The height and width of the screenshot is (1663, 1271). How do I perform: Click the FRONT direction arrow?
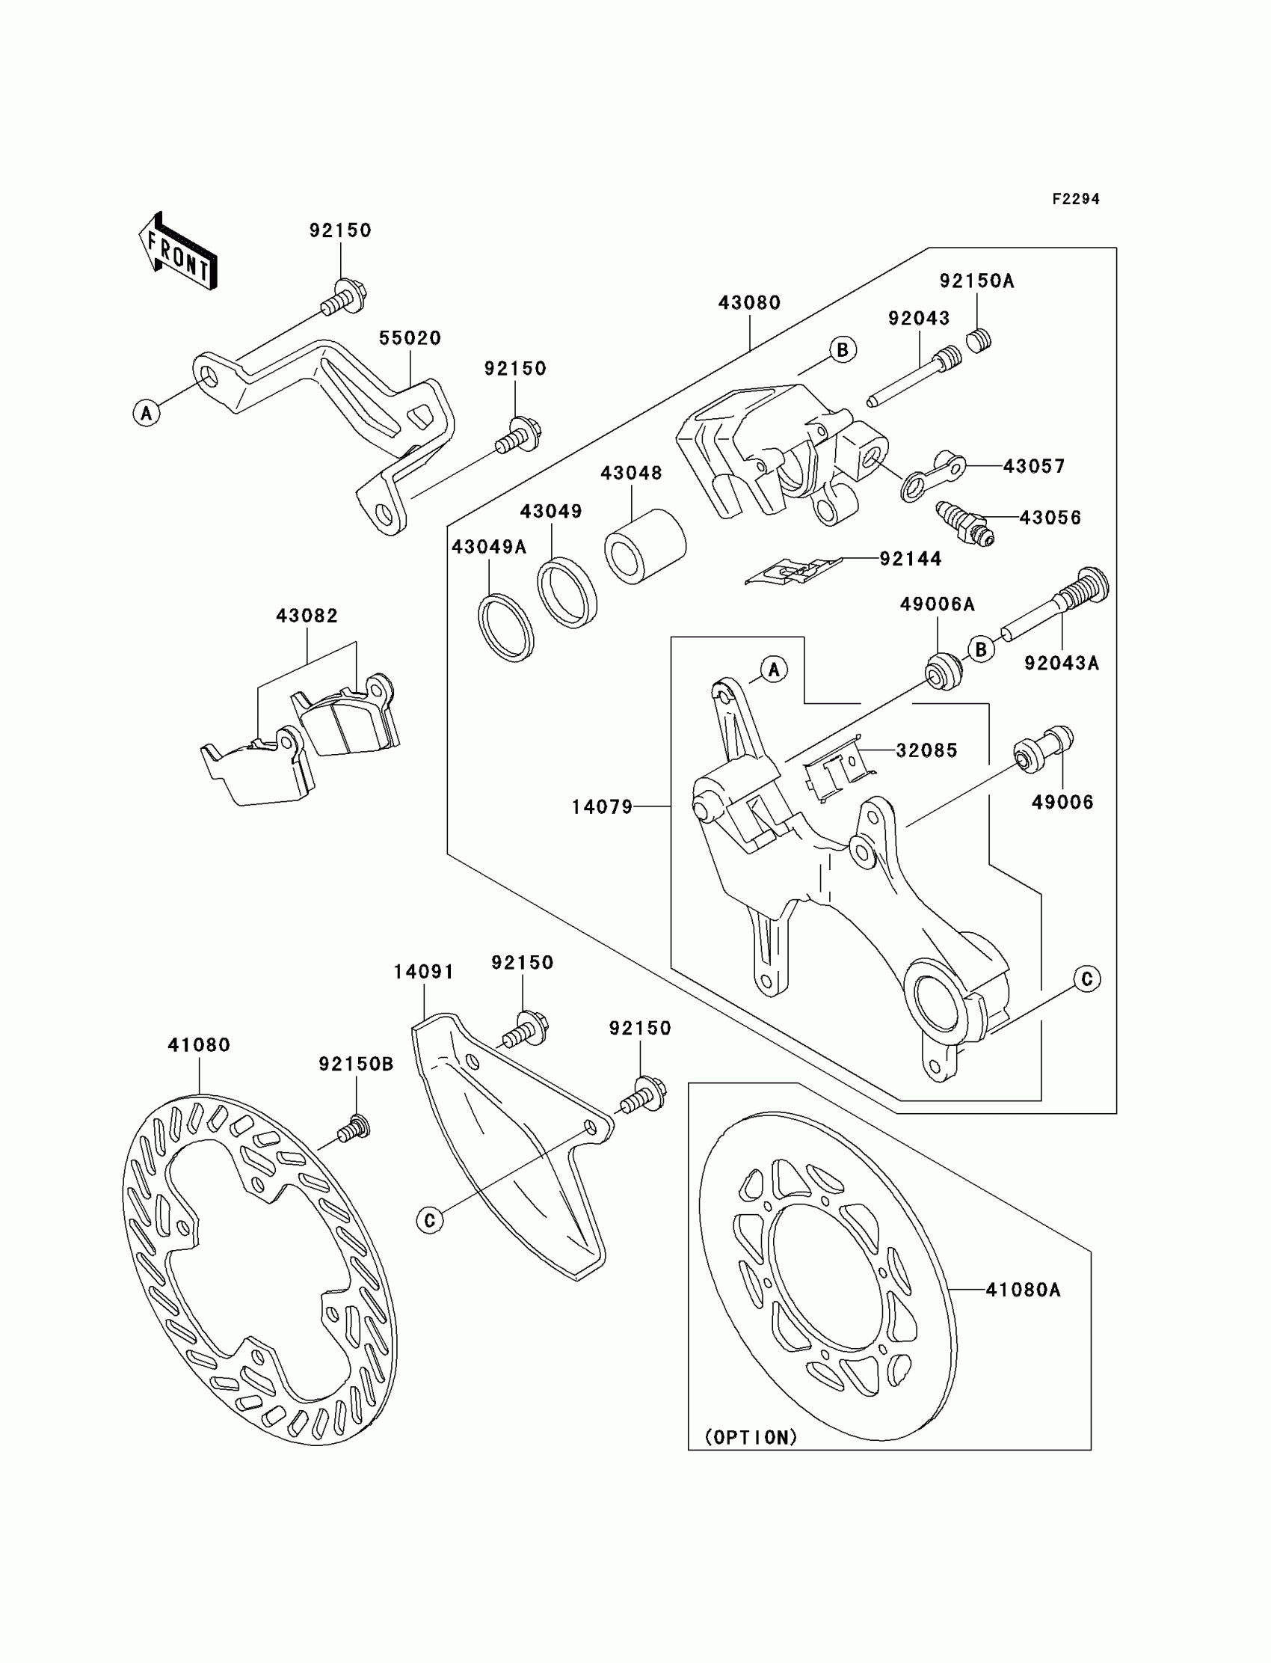point(179,252)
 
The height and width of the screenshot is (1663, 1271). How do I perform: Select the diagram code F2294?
point(1075,199)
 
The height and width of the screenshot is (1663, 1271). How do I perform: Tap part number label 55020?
point(410,338)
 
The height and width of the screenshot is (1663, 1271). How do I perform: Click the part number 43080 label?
point(749,303)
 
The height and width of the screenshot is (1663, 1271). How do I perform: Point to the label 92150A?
point(976,281)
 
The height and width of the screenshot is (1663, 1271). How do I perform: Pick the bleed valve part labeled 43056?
point(964,522)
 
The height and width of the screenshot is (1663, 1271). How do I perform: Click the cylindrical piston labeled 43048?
point(644,546)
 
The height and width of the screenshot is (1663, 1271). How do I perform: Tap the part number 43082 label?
point(307,616)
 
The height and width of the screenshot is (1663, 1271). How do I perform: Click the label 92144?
point(911,560)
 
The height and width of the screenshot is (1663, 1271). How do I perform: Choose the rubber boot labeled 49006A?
point(944,670)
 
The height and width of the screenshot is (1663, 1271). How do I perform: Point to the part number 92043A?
point(1062,663)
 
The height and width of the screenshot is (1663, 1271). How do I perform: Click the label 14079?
point(602,808)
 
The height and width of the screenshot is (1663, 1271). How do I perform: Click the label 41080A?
point(1023,1290)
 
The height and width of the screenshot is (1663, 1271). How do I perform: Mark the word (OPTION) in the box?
point(751,1436)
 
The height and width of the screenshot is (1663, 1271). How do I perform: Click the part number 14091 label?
point(424,972)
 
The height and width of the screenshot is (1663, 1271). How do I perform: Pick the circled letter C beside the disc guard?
point(430,1220)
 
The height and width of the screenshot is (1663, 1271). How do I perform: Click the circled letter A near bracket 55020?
point(147,413)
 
